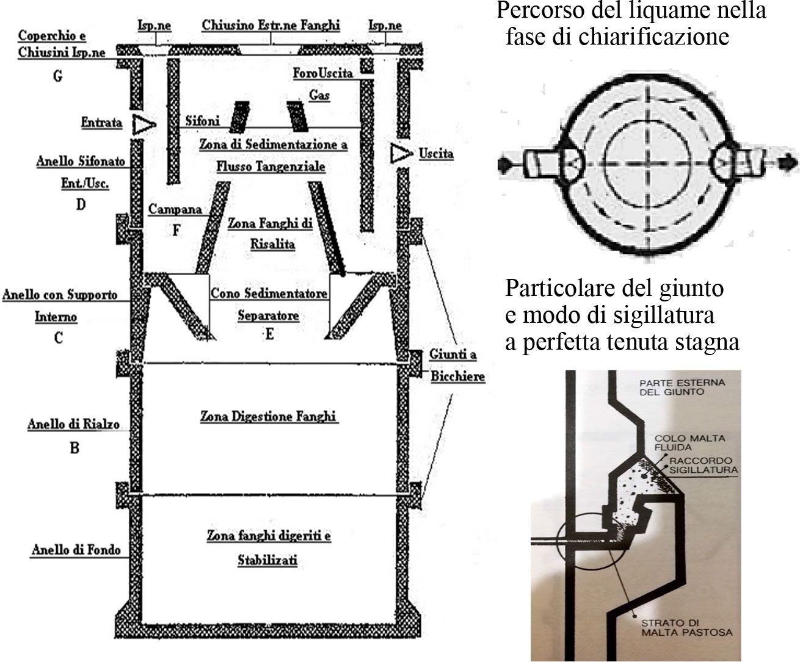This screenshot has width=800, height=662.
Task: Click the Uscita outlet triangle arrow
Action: [x=401, y=153]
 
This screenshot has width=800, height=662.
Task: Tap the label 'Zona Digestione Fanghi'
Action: [x=269, y=417]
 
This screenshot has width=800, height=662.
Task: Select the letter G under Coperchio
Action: [x=58, y=77]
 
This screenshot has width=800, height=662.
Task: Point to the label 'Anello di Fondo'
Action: [x=76, y=550]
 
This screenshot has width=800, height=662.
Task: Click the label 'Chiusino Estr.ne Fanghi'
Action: [x=271, y=26]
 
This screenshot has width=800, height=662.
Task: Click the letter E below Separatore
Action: [x=269, y=334]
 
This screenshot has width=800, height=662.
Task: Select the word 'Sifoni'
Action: [x=202, y=121]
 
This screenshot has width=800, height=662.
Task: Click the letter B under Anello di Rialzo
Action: [x=74, y=448]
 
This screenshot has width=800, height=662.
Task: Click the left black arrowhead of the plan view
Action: [x=505, y=164]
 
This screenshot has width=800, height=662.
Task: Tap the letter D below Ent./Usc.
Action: [x=80, y=204]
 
